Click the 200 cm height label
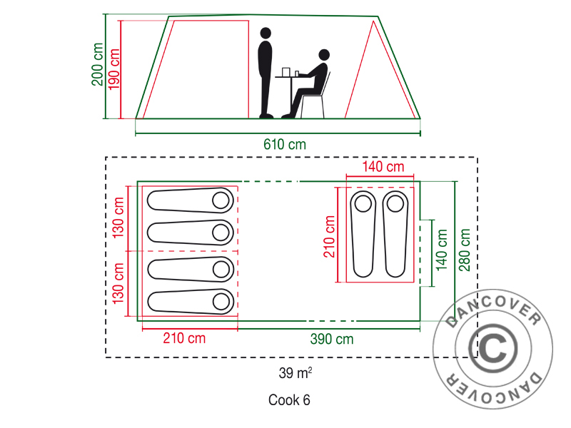(97, 65)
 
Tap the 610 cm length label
(285, 144)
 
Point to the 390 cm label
(332, 340)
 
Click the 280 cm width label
(465, 250)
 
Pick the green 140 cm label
(442, 250)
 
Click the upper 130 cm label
(119, 218)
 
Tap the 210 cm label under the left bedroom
(185, 338)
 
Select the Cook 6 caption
(289, 400)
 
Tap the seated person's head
(325, 55)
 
